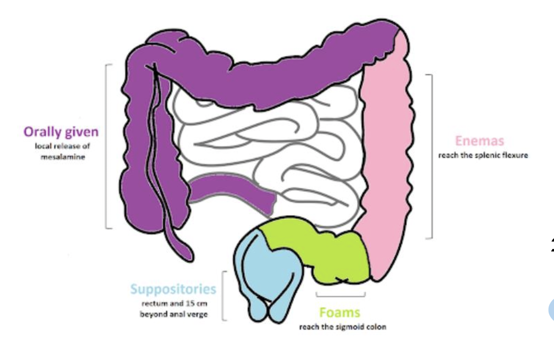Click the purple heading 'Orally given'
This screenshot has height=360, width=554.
click(61, 132)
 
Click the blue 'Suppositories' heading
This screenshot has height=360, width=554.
click(173, 289)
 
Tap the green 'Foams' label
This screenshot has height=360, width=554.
click(340, 313)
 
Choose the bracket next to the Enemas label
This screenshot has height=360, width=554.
click(431, 156)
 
